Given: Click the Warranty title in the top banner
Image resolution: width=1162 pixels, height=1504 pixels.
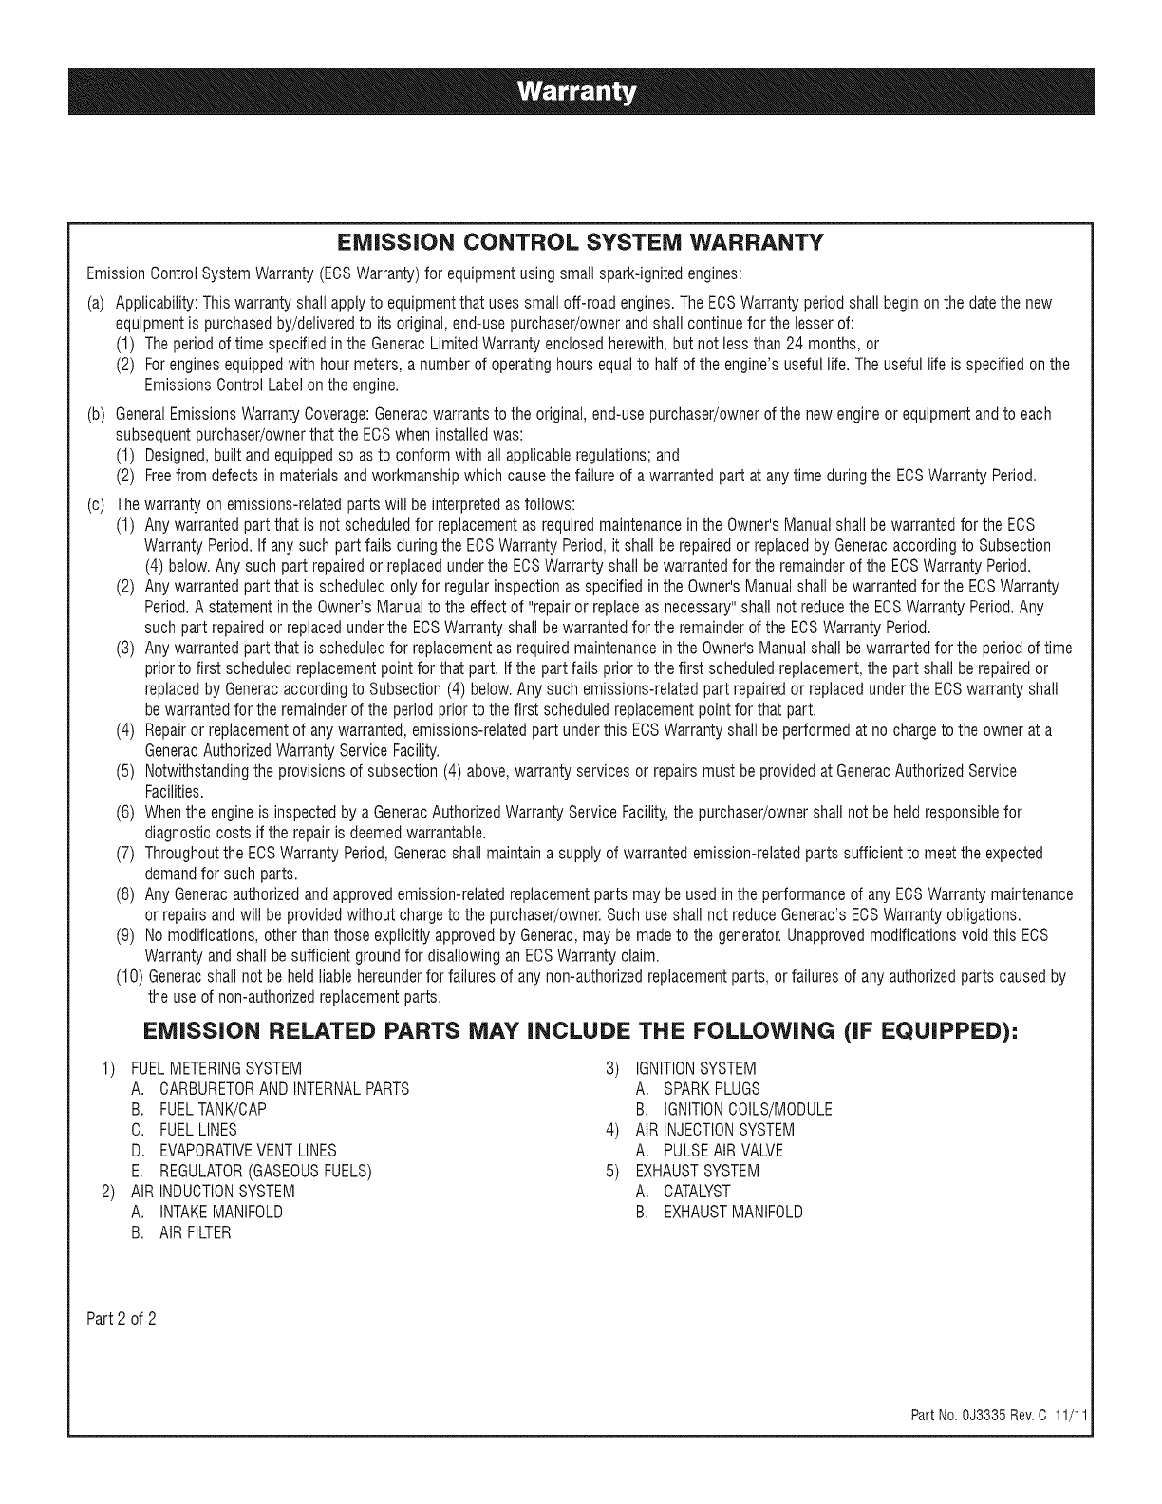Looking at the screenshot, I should click(x=580, y=93).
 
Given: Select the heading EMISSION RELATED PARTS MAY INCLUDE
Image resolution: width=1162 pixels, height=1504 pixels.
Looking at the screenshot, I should click(x=580, y=1035).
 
